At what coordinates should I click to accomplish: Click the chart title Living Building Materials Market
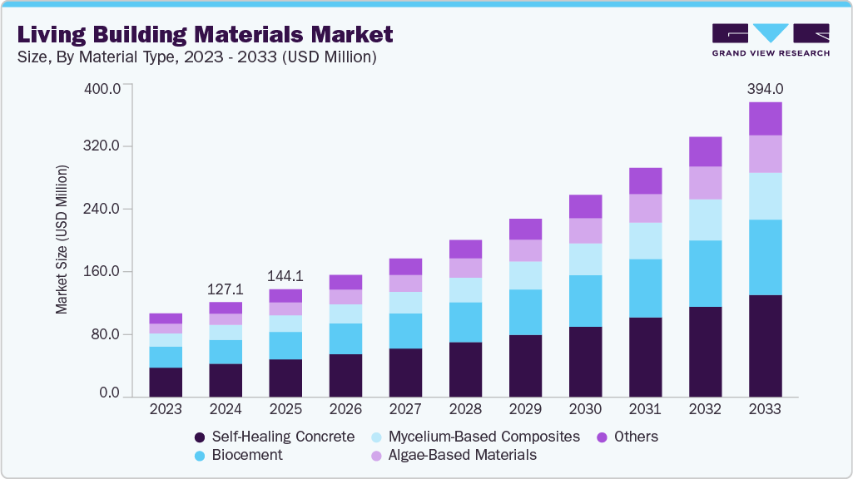(205, 35)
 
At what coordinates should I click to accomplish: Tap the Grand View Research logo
(771, 39)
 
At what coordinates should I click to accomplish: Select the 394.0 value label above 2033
(765, 89)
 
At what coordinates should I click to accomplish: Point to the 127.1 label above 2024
(226, 289)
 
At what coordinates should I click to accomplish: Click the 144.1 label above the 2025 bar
(285, 276)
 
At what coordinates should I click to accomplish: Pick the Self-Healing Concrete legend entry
(274, 437)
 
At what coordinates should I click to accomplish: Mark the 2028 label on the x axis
(465, 409)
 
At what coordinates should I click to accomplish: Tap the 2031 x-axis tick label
(645, 409)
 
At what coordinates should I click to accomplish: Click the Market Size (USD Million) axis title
(62, 239)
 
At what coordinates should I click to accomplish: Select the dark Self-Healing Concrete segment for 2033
(765, 345)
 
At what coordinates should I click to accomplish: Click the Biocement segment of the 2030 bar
(585, 300)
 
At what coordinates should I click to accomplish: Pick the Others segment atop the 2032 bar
(705, 151)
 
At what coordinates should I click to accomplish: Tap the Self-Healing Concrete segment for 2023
(166, 382)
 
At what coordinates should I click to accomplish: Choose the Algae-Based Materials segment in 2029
(525, 250)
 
